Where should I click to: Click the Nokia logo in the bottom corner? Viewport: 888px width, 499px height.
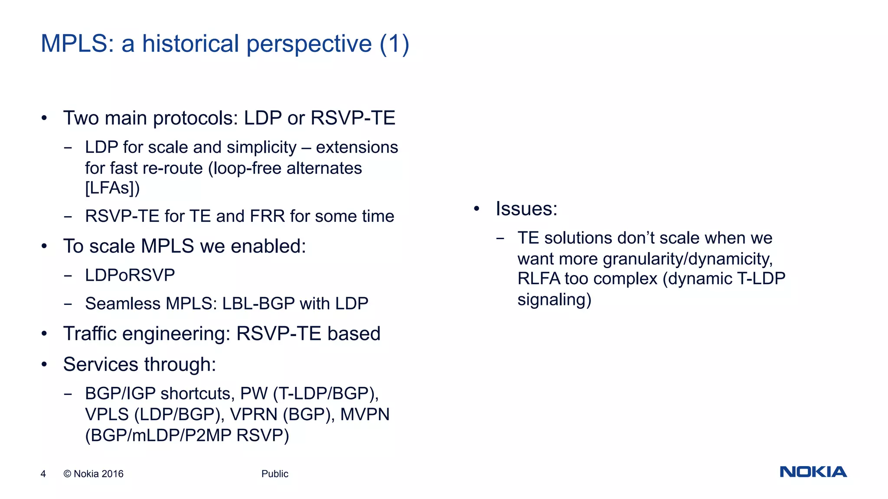[813, 472]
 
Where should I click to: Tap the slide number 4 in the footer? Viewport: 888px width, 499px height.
[43, 474]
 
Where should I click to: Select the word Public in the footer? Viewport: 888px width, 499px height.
[274, 474]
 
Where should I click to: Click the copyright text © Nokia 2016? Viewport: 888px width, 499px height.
[93, 474]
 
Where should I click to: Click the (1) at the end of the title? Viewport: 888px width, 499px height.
[394, 44]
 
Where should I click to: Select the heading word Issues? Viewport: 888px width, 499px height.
[526, 209]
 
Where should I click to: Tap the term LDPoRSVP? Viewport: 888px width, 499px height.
[130, 275]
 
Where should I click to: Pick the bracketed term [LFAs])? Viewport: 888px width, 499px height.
[112, 188]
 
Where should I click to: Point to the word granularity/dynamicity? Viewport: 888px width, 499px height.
[688, 259]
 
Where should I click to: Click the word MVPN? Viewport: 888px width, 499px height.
[365, 415]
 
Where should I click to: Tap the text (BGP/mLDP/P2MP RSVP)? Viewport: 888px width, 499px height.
[187, 435]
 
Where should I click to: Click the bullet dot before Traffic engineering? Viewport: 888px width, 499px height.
[44, 334]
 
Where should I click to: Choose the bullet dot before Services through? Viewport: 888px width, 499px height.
[44, 365]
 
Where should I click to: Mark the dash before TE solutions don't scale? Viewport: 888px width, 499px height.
[500, 238]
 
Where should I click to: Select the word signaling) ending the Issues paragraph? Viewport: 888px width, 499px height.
[554, 300]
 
